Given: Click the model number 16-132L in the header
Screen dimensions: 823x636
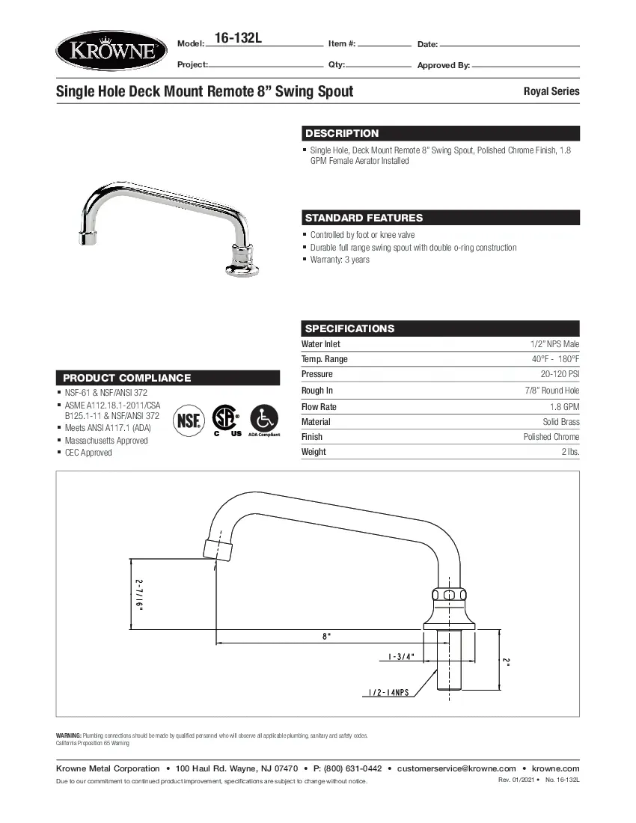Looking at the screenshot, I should [x=237, y=38].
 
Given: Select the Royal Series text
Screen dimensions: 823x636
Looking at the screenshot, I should [x=551, y=91].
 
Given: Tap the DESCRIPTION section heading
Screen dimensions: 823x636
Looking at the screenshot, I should [x=342, y=133].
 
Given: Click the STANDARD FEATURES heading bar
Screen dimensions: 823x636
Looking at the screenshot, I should [x=364, y=218].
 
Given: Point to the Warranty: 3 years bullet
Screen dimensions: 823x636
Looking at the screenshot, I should [x=340, y=260].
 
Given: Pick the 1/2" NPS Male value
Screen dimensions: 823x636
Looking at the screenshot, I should [x=554, y=344].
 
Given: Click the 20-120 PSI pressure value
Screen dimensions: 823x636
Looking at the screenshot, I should [x=560, y=374].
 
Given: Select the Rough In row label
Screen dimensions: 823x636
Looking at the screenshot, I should [x=317, y=391].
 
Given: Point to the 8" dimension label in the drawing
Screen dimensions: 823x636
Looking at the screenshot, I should [x=326, y=636].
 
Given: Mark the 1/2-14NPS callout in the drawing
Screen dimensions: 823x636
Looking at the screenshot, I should [x=388, y=693].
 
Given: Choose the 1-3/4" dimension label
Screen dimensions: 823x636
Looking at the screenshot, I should [x=401, y=657].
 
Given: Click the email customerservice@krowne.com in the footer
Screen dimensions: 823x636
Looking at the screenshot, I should [x=456, y=768].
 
